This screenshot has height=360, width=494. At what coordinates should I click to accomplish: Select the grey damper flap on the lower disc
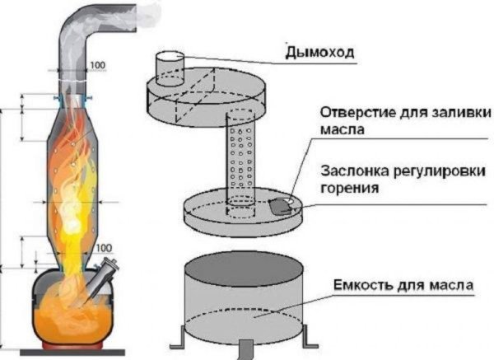click(282, 207)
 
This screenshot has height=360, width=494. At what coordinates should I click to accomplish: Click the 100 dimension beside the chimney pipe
click(98, 63)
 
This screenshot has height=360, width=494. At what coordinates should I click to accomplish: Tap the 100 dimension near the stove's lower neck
click(104, 248)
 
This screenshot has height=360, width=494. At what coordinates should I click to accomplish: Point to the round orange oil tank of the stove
click(71, 309)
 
